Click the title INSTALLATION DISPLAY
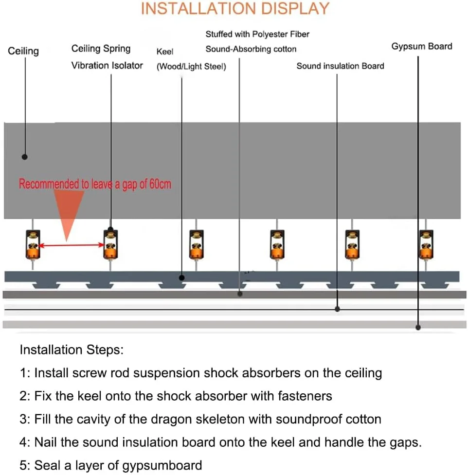pos(235,9)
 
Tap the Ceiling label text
pos(23,51)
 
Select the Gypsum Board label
pos(421,47)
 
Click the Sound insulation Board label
pos(340,66)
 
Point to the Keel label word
pos(165,52)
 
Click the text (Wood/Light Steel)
pos(191,67)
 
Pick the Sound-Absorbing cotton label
pos(251,49)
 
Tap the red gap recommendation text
pos(95,184)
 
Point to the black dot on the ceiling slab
pos(25,157)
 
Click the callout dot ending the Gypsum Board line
pos(418,327)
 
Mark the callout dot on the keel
pos(181,278)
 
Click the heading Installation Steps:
pos(72,350)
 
